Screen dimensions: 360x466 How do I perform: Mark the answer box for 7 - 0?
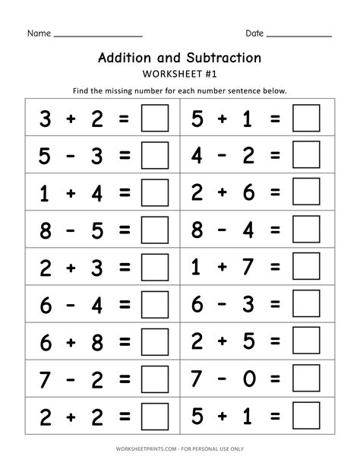(x=307, y=378)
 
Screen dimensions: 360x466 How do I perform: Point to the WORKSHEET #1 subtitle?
(x=180, y=73)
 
